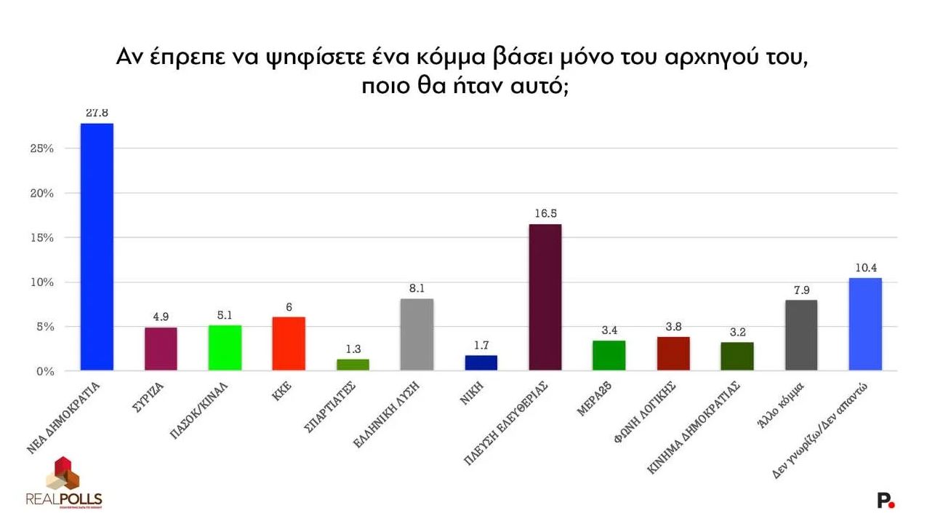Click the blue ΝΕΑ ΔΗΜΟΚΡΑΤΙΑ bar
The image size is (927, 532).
[97, 247]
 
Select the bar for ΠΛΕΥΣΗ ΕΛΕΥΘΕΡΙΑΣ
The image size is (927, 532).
[545, 298]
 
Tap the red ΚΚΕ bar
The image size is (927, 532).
[289, 344]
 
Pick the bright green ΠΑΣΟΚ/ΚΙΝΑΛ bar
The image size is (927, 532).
[225, 348]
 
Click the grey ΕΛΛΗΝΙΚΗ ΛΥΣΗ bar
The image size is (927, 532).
[417, 335]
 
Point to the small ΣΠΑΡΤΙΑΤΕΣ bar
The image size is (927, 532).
[353, 365]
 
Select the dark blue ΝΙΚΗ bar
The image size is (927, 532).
[481, 363]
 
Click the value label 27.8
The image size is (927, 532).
[97, 114]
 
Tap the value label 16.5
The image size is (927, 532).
[545, 214]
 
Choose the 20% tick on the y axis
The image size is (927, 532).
[42, 194]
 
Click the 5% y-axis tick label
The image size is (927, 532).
[45, 327]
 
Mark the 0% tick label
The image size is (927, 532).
[45, 371]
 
